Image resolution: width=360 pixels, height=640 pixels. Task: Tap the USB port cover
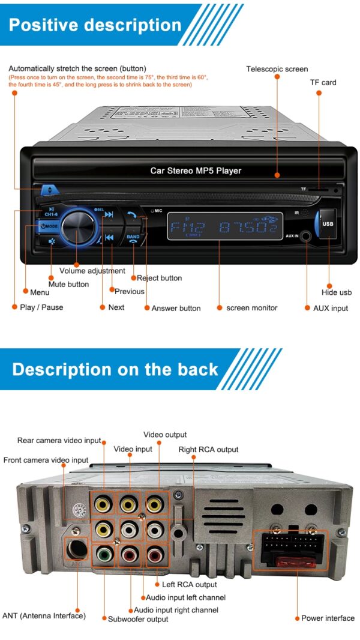pyautogui.click(x=327, y=223)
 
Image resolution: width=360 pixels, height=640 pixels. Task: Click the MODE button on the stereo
pyautogui.click(x=49, y=226)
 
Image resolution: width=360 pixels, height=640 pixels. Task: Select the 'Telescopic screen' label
pyautogui.click(x=277, y=69)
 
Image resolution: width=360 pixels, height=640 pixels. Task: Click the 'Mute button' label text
pyautogui.click(x=68, y=285)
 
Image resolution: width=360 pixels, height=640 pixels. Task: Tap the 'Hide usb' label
pyautogui.click(x=337, y=292)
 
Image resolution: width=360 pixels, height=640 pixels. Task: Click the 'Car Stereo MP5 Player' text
pyautogui.click(x=196, y=171)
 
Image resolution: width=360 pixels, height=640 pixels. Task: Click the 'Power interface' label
pyautogui.click(x=328, y=618)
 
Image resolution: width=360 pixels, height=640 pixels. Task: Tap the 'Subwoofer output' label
pyautogui.click(x=138, y=619)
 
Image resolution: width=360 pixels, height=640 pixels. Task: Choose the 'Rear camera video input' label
pyautogui.click(x=59, y=441)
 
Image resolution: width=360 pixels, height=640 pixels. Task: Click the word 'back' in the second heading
pyautogui.click(x=198, y=369)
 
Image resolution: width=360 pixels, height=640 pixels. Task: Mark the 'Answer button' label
pyautogui.click(x=176, y=308)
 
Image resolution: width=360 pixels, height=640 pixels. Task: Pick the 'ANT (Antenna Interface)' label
pyautogui.click(x=44, y=616)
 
